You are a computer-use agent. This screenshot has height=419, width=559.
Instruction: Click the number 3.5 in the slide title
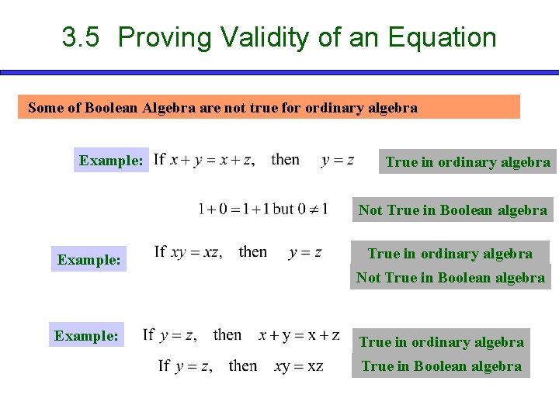(x=81, y=37)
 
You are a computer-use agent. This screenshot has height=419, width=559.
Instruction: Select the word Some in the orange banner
(x=44, y=108)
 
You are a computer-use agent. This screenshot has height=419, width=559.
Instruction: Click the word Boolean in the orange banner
(x=168, y=108)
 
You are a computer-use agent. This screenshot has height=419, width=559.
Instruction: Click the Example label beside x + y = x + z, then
(x=111, y=161)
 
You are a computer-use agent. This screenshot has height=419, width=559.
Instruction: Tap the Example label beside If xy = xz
(x=89, y=260)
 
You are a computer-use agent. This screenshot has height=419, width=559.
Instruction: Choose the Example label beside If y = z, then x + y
(x=86, y=336)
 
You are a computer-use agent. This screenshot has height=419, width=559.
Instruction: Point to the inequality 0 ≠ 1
(x=312, y=209)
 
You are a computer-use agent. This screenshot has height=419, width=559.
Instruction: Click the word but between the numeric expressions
(x=284, y=209)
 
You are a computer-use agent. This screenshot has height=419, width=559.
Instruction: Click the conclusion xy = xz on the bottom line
(x=299, y=365)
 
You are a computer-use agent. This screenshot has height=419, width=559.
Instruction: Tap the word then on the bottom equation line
(x=243, y=365)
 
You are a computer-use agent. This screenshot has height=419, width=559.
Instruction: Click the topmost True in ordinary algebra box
(x=467, y=162)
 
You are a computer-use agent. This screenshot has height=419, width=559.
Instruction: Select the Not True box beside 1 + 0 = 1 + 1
(x=453, y=209)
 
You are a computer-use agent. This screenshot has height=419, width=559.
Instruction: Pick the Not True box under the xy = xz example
(x=450, y=277)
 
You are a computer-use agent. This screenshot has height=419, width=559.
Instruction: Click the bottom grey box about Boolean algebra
(x=441, y=366)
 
